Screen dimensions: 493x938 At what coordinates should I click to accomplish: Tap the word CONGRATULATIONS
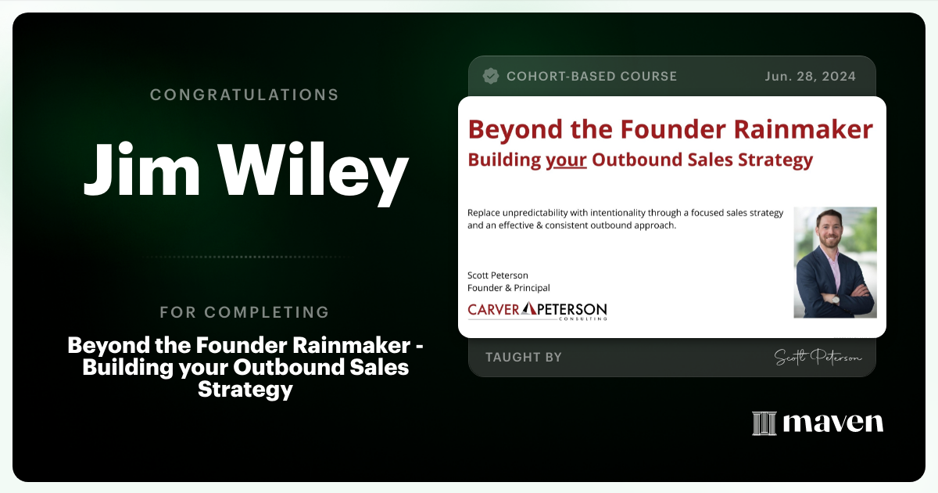pyautogui.click(x=245, y=95)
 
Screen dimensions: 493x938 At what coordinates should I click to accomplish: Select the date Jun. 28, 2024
pyautogui.click(x=810, y=76)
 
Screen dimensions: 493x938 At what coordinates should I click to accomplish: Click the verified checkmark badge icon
pyautogui.click(x=491, y=76)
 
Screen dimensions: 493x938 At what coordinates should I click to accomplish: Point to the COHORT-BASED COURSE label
pyautogui.click(x=592, y=76)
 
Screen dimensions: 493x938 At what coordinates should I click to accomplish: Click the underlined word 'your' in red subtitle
pyautogui.click(x=566, y=160)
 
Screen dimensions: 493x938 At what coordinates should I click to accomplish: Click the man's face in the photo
pyautogui.click(x=829, y=231)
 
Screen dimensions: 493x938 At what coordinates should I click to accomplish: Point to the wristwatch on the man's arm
pyautogui.click(x=835, y=298)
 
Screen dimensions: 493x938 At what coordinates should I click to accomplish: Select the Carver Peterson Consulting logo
pyautogui.click(x=537, y=310)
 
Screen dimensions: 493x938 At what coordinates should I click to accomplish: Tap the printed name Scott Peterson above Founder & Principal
pyautogui.click(x=498, y=275)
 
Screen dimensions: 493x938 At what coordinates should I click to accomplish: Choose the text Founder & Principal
pyautogui.click(x=508, y=288)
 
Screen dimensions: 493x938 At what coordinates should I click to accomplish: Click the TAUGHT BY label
pyautogui.click(x=523, y=358)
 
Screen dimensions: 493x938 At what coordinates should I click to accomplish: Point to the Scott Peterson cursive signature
pyautogui.click(x=818, y=358)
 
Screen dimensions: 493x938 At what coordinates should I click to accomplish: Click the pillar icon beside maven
pyautogui.click(x=764, y=423)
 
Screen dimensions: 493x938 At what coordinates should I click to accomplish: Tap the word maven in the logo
pyautogui.click(x=832, y=423)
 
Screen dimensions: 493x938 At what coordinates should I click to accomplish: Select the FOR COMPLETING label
pyautogui.click(x=245, y=312)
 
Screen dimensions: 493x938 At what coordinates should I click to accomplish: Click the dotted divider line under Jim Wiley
pyautogui.click(x=245, y=257)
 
